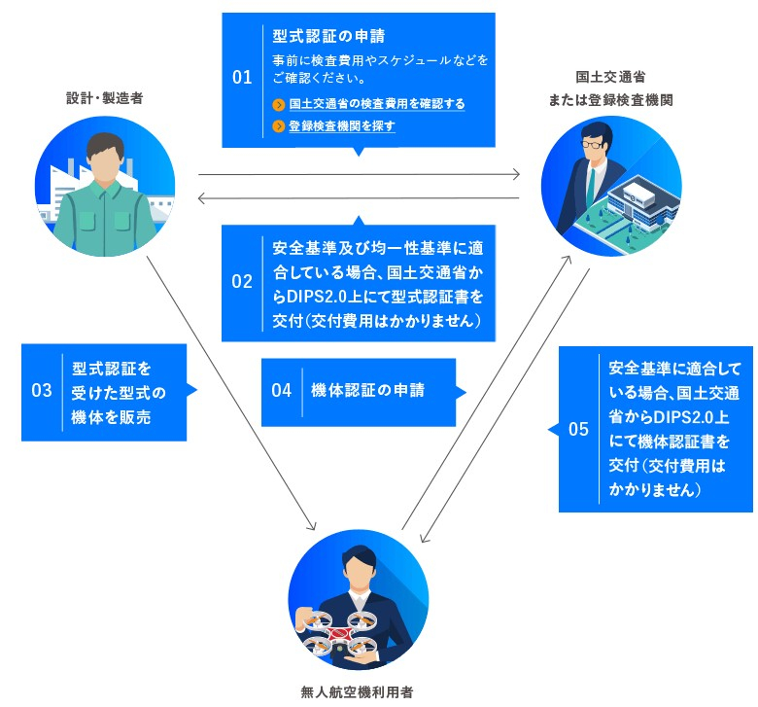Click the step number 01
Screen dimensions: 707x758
coord(242,78)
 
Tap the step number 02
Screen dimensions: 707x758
coord(242,282)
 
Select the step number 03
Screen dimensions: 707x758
coord(41,391)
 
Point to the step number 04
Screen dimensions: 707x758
coord(282,391)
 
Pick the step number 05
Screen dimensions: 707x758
coord(578,429)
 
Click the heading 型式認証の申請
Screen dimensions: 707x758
coord(328,37)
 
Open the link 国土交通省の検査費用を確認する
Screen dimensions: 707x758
coord(376,104)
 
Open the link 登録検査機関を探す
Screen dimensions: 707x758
coord(341,126)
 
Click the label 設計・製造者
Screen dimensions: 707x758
coord(104,98)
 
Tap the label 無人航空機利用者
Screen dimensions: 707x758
coord(358,693)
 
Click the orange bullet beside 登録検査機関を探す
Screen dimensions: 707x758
coord(279,126)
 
